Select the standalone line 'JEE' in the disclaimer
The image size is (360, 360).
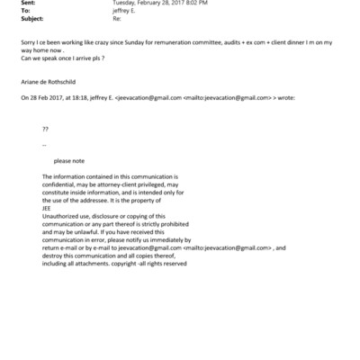[47, 207]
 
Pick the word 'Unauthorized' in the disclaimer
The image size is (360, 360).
[61, 215]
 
